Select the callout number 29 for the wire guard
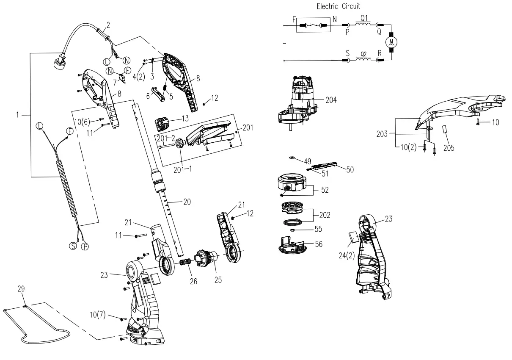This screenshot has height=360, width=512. [21, 289]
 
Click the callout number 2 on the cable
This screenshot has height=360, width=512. [109, 25]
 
